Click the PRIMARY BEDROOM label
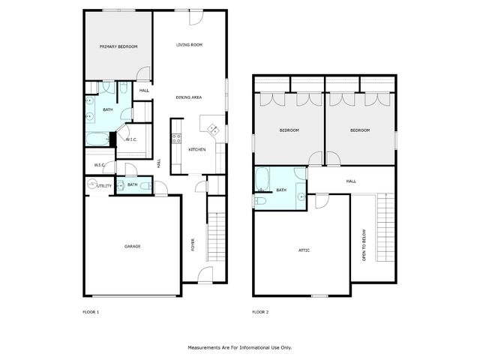coord(118,46)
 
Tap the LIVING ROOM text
coord(189,45)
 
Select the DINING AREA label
coord(188,97)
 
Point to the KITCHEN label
coord(197,150)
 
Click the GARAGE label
coord(132,246)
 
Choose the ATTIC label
coord(304,250)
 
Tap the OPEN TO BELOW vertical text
coord(364,245)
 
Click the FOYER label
coord(193,244)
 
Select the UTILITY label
coord(104,185)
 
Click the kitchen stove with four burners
coord(177,138)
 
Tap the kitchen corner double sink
coord(211,127)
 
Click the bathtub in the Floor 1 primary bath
coord(97,139)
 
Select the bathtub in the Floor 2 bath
coord(262,179)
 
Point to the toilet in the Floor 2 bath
coord(261,200)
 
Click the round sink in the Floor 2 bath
coord(300,197)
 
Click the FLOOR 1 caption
coord(91,311)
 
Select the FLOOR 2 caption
coord(260,311)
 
